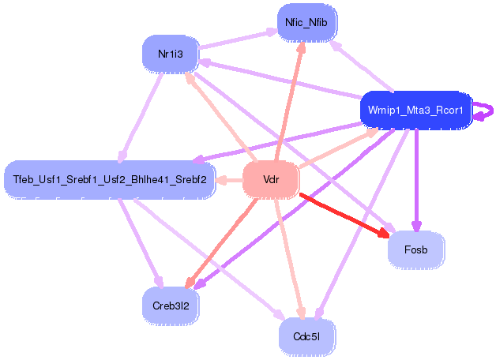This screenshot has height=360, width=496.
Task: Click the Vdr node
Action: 271,180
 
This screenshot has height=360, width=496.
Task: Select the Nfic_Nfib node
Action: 306,22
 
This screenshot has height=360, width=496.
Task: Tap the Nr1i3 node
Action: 171,54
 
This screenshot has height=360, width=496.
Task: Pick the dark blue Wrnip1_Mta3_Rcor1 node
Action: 415,111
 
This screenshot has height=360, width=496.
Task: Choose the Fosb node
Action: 416,249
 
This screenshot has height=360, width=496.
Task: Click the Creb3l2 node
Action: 171,306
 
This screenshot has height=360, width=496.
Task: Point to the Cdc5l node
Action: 306,337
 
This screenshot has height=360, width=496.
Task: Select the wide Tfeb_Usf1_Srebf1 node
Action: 110,180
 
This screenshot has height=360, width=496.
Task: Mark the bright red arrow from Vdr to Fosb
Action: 345,216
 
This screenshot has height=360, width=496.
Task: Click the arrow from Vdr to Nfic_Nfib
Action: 290,102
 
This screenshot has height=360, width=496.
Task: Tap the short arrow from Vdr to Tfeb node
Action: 229,181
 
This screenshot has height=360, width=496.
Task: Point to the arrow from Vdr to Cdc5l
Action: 290,258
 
